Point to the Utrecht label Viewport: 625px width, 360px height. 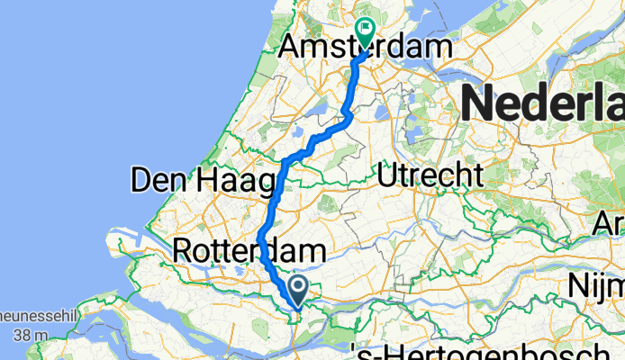(x=431, y=175)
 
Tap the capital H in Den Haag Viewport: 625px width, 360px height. (x=215, y=180)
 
